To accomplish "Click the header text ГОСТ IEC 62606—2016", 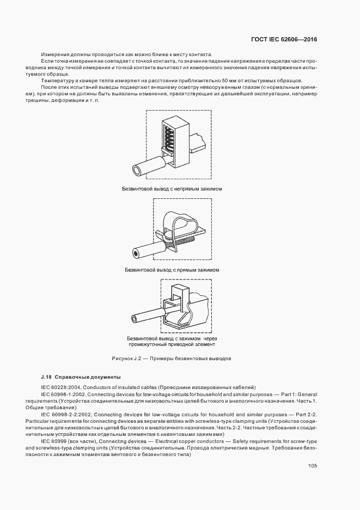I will click(x=283, y=40).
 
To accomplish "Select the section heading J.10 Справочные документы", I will click(x=80, y=377).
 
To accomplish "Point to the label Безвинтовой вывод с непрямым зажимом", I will click(x=172, y=189).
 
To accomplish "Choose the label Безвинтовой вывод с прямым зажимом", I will click(x=172, y=270).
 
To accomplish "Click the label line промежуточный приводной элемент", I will click(x=172, y=344).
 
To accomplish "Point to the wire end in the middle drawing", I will click(x=135, y=253).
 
